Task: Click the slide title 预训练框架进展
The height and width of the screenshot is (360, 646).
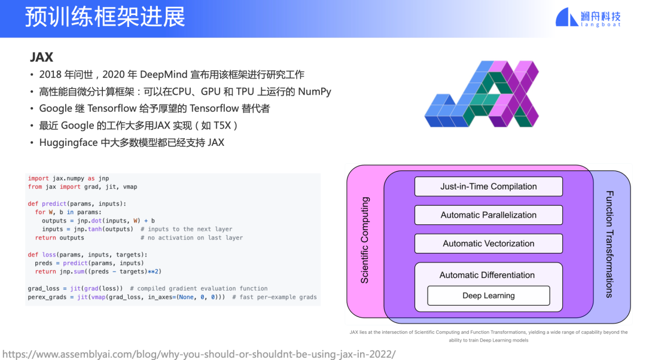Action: coord(105,17)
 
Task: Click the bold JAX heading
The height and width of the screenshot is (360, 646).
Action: coord(42,57)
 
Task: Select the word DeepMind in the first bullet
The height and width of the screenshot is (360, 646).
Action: coord(163,75)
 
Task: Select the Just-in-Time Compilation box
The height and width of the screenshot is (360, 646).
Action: coord(488,187)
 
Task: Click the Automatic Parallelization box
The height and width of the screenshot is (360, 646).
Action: coord(488,215)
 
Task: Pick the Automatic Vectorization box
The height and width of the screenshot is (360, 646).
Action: coord(488,243)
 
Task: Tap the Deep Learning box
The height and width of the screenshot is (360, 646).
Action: coord(488,295)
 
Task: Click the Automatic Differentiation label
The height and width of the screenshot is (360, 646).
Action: coord(487,275)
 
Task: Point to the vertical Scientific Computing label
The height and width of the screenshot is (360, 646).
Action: coord(365,240)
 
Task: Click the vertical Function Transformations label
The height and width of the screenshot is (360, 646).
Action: coord(609,244)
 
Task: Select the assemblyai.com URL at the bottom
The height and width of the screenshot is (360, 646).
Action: coord(199,353)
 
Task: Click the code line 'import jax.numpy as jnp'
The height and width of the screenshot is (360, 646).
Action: coord(68,178)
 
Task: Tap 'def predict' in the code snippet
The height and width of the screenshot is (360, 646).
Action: coord(47,203)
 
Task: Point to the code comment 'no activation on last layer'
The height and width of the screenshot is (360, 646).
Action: coord(195,237)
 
